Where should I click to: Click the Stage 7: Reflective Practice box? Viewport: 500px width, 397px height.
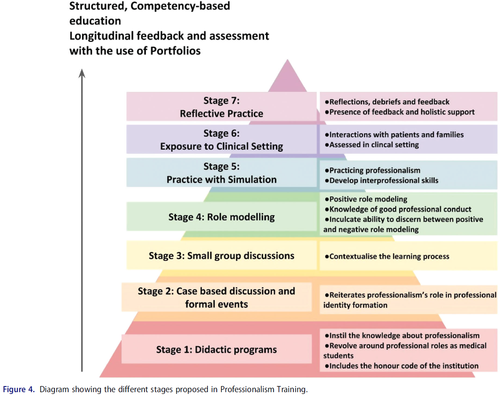coord(221,107)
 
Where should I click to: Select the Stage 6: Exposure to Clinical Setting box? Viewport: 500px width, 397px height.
coord(221,140)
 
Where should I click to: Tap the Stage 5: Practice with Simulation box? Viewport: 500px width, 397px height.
coord(221,173)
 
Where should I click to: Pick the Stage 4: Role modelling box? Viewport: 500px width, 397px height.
coord(221,217)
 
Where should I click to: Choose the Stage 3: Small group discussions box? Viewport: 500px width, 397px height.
coord(221,256)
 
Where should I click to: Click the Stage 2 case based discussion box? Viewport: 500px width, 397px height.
coord(216,297)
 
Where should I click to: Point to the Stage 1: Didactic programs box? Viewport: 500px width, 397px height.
coord(216,349)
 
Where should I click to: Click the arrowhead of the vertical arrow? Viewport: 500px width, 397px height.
coord(82,74)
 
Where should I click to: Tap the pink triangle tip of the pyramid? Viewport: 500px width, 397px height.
coord(287,77)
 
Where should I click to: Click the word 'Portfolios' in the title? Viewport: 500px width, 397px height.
coord(175,51)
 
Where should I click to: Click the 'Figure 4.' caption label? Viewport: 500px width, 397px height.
coord(19,389)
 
